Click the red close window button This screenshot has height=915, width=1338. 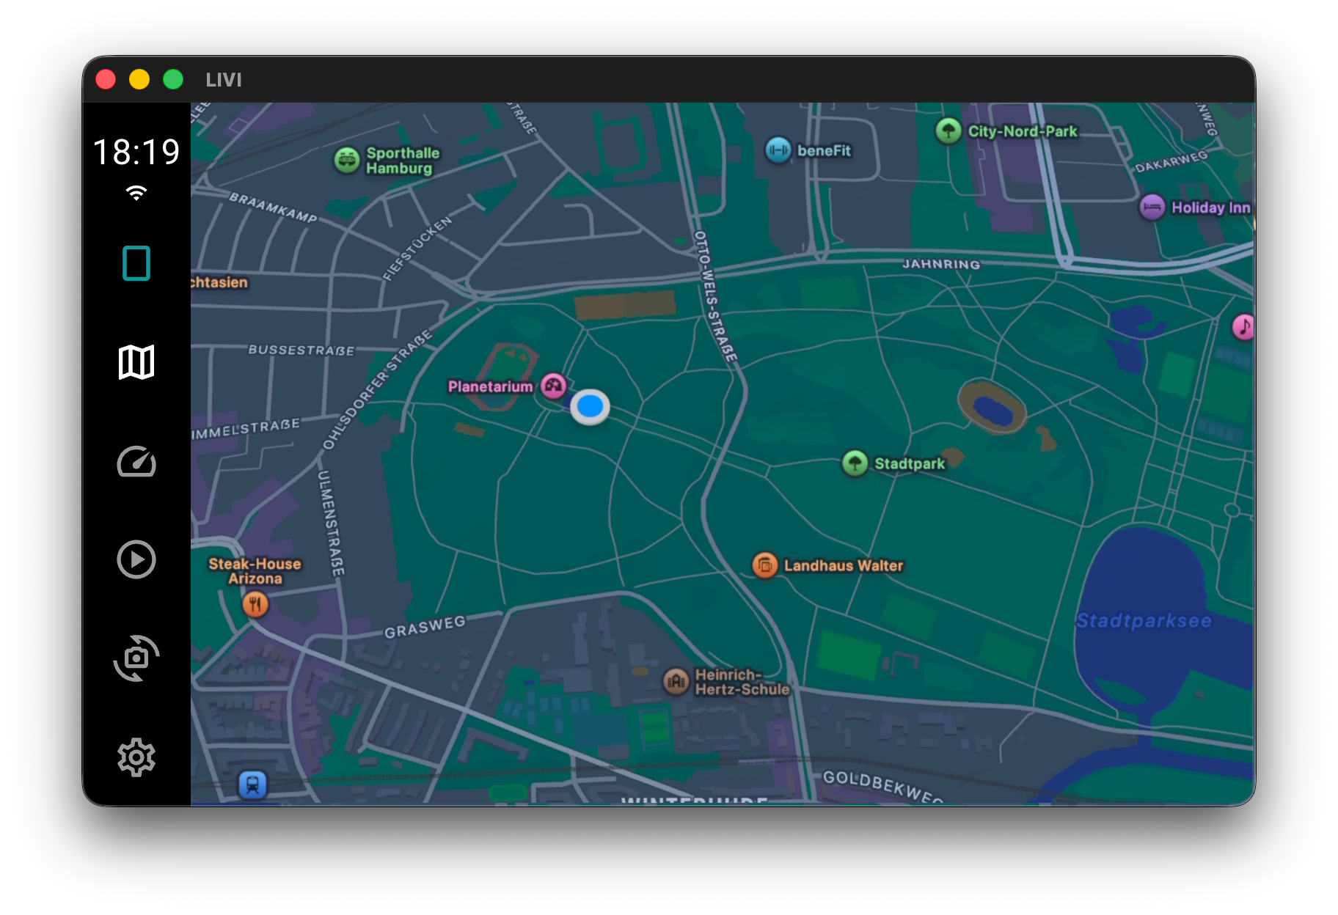point(106,79)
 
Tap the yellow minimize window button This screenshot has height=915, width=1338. point(139,79)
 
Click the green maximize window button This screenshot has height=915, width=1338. point(173,79)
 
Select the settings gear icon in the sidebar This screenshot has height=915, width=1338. point(136,757)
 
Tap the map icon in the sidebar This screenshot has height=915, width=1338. point(136,362)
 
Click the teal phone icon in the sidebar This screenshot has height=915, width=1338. point(136,263)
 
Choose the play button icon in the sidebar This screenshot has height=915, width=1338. point(136,560)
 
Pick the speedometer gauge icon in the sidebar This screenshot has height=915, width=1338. point(136,462)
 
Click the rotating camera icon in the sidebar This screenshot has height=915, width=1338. point(136,658)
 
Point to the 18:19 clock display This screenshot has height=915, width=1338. point(136,152)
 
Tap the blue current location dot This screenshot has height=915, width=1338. point(590,406)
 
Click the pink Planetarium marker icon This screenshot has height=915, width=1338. point(553,385)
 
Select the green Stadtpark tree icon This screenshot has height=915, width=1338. point(855,463)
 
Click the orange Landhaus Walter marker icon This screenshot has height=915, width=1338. point(764,565)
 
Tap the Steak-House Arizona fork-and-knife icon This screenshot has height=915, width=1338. point(255,605)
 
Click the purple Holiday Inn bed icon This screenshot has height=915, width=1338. point(1152,207)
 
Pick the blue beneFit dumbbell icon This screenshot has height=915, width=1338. point(778,150)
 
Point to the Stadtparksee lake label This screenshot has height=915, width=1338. point(1144,621)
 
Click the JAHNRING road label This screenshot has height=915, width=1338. point(941,264)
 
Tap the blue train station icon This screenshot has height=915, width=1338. point(253,784)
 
